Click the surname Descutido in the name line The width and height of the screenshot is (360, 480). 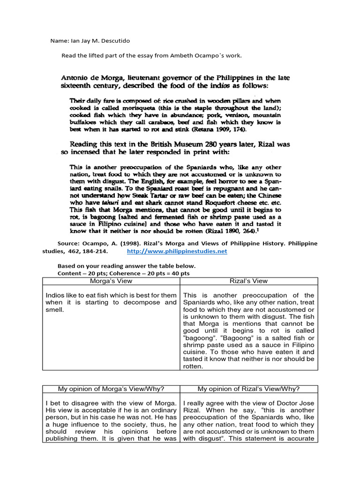[113, 41]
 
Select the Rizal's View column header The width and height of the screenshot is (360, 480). [249, 281]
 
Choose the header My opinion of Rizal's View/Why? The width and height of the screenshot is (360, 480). [249, 389]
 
